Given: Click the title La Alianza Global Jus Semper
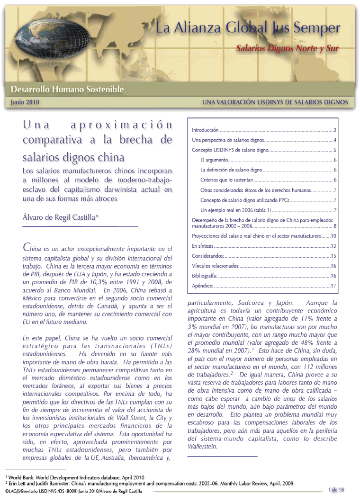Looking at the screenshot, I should tap(248, 28).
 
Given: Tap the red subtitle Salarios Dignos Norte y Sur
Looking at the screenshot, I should tap(288, 48).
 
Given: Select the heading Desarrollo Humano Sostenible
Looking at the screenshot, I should tap(67, 89).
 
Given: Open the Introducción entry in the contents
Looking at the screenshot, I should tap(205, 130).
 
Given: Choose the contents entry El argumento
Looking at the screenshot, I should tap(215, 160).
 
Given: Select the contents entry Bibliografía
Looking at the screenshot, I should tap(204, 276).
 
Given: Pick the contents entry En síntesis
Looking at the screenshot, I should tap(202, 246).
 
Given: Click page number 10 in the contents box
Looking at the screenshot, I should tap(333, 236).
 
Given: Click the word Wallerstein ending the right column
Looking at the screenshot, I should tap(203, 446).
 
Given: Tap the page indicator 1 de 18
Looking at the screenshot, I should tap(336, 490).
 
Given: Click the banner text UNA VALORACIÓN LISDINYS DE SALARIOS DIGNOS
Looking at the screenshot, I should tap(275, 102).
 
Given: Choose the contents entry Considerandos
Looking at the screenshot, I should tap(207, 256).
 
